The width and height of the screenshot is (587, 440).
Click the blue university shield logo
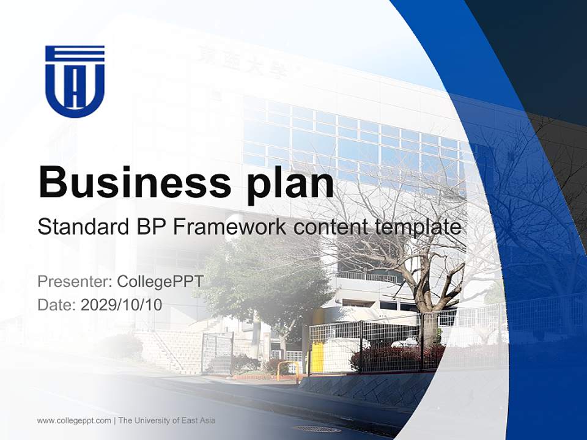[x=75, y=81]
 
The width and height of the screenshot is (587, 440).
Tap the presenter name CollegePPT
[x=160, y=282]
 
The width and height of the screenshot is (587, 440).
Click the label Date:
[x=57, y=304]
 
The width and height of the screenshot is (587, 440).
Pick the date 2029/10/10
[x=122, y=304]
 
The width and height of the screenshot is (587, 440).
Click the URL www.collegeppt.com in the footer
[x=74, y=420]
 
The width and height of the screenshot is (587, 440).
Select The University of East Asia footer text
[x=167, y=420]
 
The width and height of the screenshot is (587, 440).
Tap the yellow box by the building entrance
[x=317, y=358]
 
